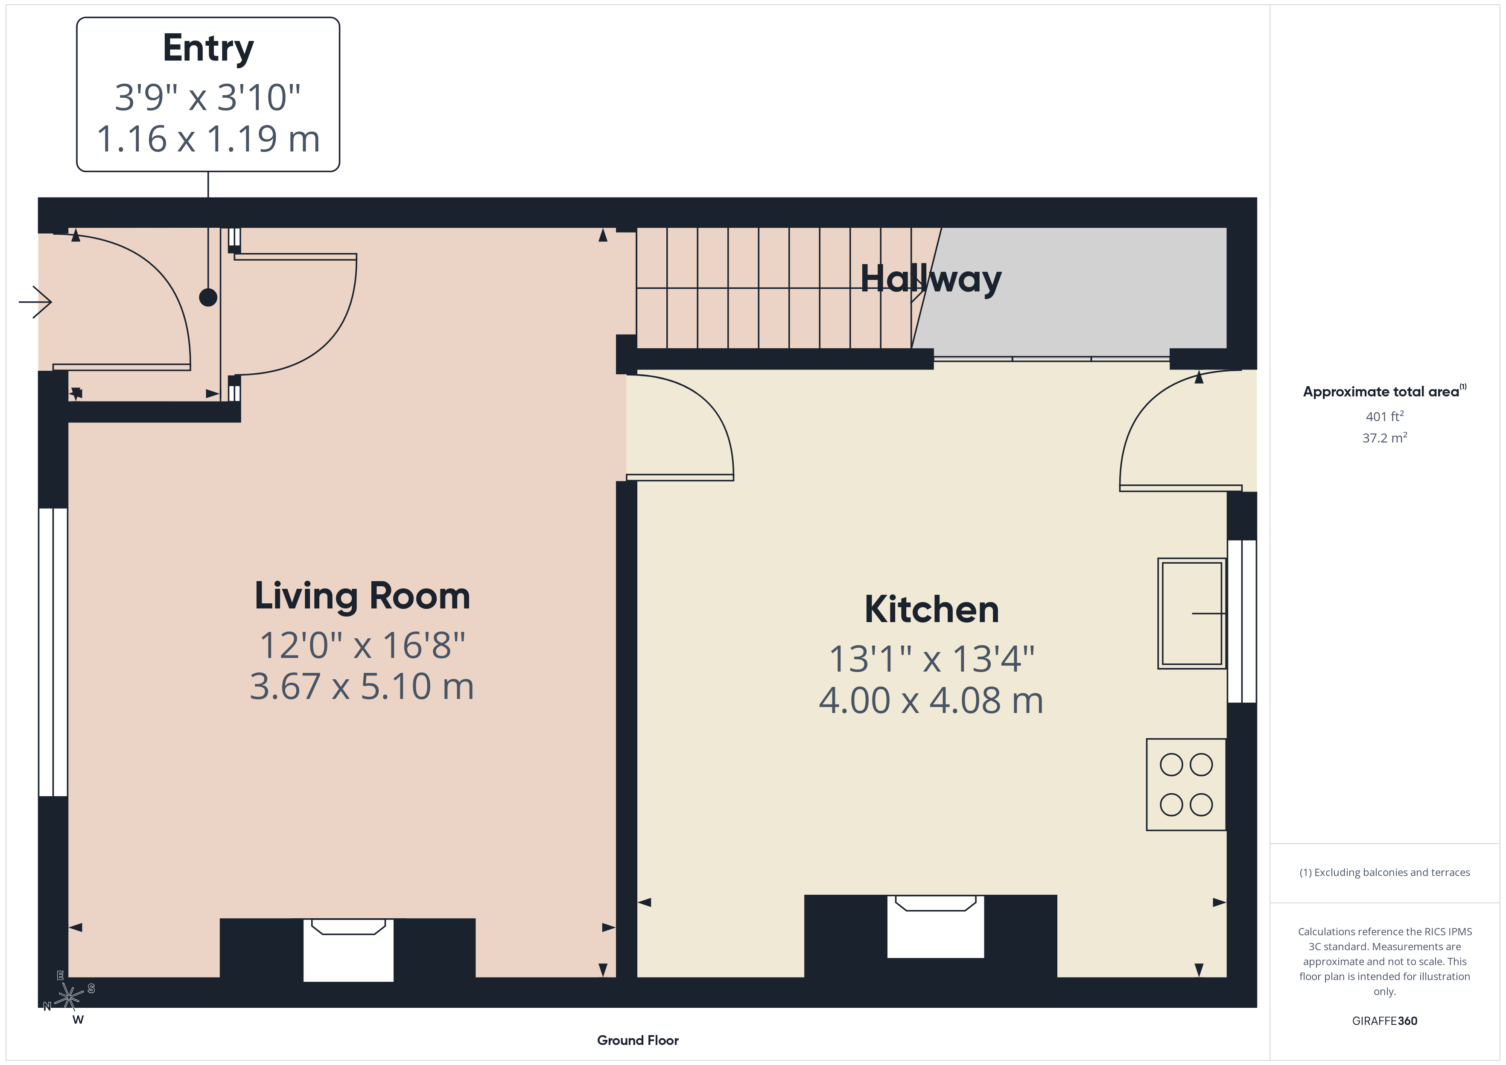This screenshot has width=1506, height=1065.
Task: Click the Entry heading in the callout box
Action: [x=208, y=49]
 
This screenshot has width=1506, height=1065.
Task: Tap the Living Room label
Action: [x=362, y=596]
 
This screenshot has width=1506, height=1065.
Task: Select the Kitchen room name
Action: [x=931, y=609]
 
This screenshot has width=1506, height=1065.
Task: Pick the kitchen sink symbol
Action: [x=1192, y=613]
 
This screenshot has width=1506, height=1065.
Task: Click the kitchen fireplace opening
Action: [x=935, y=926]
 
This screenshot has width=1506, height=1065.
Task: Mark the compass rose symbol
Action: [x=69, y=997]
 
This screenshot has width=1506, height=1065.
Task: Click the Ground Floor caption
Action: [x=638, y=1040]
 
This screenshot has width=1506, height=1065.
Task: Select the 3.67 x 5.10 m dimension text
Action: [x=362, y=687]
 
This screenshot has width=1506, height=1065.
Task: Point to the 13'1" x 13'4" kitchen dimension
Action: [x=931, y=659]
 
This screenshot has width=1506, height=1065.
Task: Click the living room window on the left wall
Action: [x=53, y=652]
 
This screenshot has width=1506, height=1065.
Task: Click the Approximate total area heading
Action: [x=1384, y=392]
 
